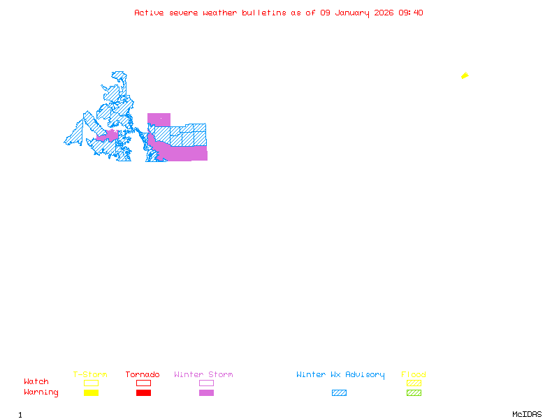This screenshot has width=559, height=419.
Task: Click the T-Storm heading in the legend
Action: (x=90, y=375)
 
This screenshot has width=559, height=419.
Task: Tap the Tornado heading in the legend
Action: (x=143, y=375)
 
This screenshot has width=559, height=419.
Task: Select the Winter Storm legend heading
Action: (x=203, y=375)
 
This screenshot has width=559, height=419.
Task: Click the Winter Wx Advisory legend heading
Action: (x=340, y=375)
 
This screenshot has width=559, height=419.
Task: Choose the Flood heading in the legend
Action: (x=414, y=375)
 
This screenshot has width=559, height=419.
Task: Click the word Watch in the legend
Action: (x=36, y=382)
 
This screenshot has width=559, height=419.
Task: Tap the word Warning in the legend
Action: (x=41, y=392)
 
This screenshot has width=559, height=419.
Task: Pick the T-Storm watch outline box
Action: (x=91, y=383)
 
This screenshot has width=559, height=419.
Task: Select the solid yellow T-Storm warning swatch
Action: (x=91, y=393)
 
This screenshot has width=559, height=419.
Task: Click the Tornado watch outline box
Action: (x=143, y=383)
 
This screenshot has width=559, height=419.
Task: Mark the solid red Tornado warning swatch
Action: (x=143, y=393)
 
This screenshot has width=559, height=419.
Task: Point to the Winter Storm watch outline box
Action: (x=206, y=383)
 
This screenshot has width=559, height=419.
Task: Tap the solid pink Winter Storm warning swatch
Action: (x=206, y=393)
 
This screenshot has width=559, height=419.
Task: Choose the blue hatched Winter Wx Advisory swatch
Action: (x=339, y=393)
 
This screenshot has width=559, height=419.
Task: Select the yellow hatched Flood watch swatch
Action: (x=414, y=383)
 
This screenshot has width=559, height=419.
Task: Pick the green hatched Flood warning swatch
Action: (x=414, y=393)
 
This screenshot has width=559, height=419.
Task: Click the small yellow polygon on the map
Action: (x=465, y=75)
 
